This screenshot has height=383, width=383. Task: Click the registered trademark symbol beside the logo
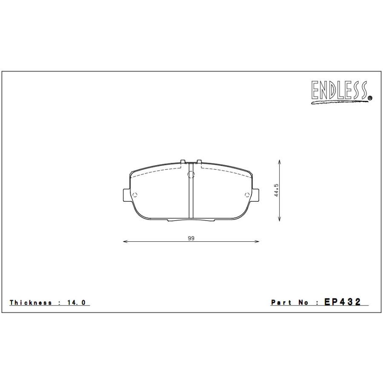tap(370, 98)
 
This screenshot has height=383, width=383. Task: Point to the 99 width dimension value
tap(191, 238)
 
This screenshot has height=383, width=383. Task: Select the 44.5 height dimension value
tap(276, 191)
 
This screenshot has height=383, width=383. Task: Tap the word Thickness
tap(31, 303)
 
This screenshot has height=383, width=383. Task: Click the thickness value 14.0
tap(77, 303)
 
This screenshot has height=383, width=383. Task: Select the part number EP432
tap(343, 302)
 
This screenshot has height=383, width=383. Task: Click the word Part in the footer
tap(281, 303)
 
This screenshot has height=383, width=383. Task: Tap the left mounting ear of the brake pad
tap(126, 195)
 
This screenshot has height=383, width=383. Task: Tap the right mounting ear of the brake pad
tap(255, 195)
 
